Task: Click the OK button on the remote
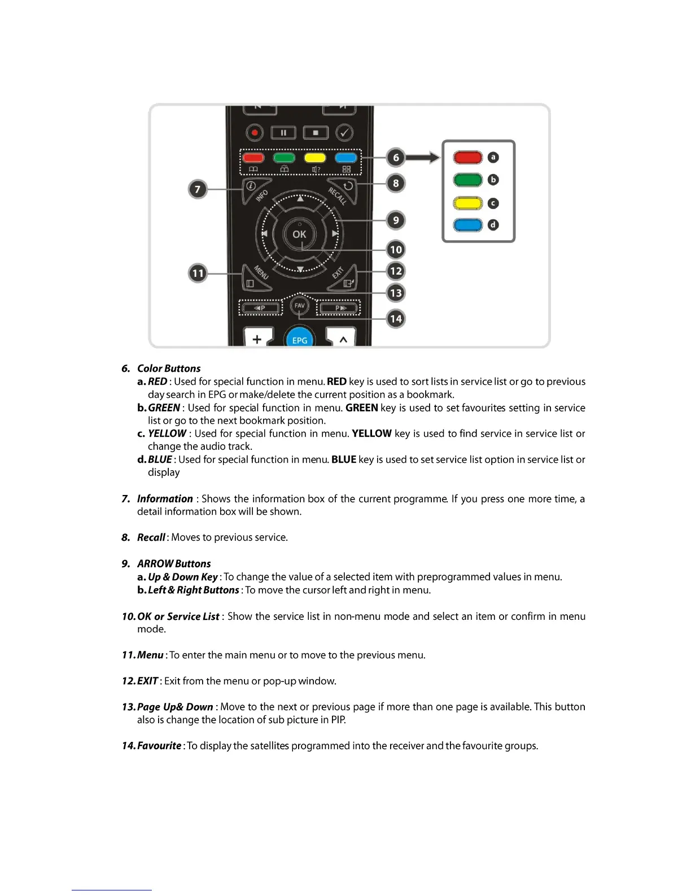point(299,234)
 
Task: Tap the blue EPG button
point(300,339)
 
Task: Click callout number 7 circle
point(198,189)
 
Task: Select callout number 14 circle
point(396,319)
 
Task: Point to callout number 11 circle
point(198,273)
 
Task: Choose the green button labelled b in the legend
point(467,180)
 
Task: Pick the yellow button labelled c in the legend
point(467,203)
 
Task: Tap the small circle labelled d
point(493,225)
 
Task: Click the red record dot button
point(255,133)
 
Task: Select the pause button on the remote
point(283,133)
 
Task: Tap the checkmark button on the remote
point(344,133)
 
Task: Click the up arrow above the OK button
point(300,199)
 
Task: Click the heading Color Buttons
point(169,368)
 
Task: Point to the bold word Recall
point(151,537)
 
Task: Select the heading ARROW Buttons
point(174,564)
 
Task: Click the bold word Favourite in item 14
point(159,746)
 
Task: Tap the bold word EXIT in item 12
point(147,681)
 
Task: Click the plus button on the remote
point(257,339)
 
